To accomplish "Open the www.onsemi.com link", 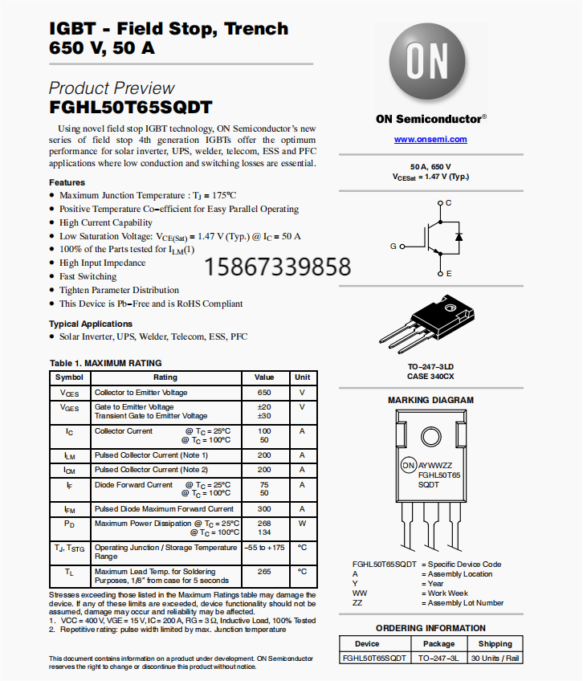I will click(x=430, y=139).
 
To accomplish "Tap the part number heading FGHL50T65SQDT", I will click(x=130, y=107).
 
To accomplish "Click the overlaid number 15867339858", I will click(x=279, y=267).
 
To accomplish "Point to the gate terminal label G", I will click(x=393, y=246).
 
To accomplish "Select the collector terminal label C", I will click(x=448, y=202).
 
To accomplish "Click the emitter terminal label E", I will click(x=448, y=274).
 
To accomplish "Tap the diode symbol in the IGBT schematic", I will click(x=458, y=237).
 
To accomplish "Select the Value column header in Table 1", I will click(x=264, y=377).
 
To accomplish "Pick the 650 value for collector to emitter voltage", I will click(x=264, y=393).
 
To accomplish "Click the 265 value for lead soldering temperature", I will click(x=264, y=572).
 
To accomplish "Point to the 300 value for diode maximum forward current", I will click(x=264, y=509).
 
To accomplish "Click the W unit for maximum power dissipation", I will click(x=302, y=524).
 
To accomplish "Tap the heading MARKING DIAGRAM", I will click(x=430, y=400).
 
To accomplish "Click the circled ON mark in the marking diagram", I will click(x=408, y=466).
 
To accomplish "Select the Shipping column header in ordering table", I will click(x=495, y=643).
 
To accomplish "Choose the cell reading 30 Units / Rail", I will click(x=495, y=658).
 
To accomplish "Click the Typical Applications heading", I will click(x=89, y=324).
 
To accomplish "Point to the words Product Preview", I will click(x=112, y=88).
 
